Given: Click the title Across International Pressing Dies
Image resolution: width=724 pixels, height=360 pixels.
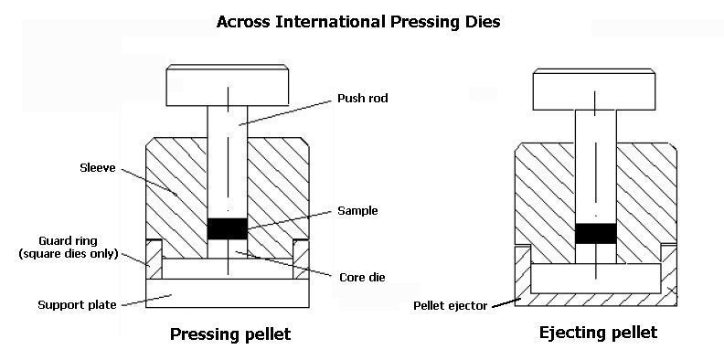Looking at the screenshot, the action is click(358, 21).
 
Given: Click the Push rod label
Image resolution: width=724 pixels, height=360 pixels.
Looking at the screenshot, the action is click(363, 99).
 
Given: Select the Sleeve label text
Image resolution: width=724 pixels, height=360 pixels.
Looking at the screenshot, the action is click(98, 167).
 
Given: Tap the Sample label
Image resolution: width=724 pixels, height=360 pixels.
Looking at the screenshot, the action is click(357, 211).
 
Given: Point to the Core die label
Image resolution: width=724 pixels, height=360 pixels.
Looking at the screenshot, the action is click(362, 278).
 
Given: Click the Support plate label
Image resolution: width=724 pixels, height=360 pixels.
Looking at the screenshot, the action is click(77, 305).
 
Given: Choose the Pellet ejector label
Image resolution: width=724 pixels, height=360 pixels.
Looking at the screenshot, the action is click(450, 305).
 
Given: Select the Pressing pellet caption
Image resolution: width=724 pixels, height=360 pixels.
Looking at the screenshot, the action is click(230, 334).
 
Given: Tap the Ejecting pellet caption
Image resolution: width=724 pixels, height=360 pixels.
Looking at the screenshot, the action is click(598, 333).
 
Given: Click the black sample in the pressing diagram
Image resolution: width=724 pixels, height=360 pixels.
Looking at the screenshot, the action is click(228, 228).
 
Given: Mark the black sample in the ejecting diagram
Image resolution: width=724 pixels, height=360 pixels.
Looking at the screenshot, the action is click(596, 234).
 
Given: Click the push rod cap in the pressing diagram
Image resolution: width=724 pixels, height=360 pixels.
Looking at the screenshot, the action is click(228, 85).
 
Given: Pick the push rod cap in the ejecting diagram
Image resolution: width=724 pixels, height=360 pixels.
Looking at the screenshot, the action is click(594, 90).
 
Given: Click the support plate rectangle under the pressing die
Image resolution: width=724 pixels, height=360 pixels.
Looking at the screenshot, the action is click(228, 293).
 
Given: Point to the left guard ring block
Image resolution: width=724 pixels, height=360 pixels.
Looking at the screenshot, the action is click(154, 259).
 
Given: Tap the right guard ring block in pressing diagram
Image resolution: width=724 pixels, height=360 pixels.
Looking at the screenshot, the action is click(301, 259).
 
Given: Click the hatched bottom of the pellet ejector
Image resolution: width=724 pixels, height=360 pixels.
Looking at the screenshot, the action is click(596, 300).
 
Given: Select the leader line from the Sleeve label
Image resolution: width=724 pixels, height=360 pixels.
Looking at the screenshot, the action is click(150, 182).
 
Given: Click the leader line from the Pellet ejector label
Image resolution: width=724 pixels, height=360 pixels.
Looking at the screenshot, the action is click(506, 303).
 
